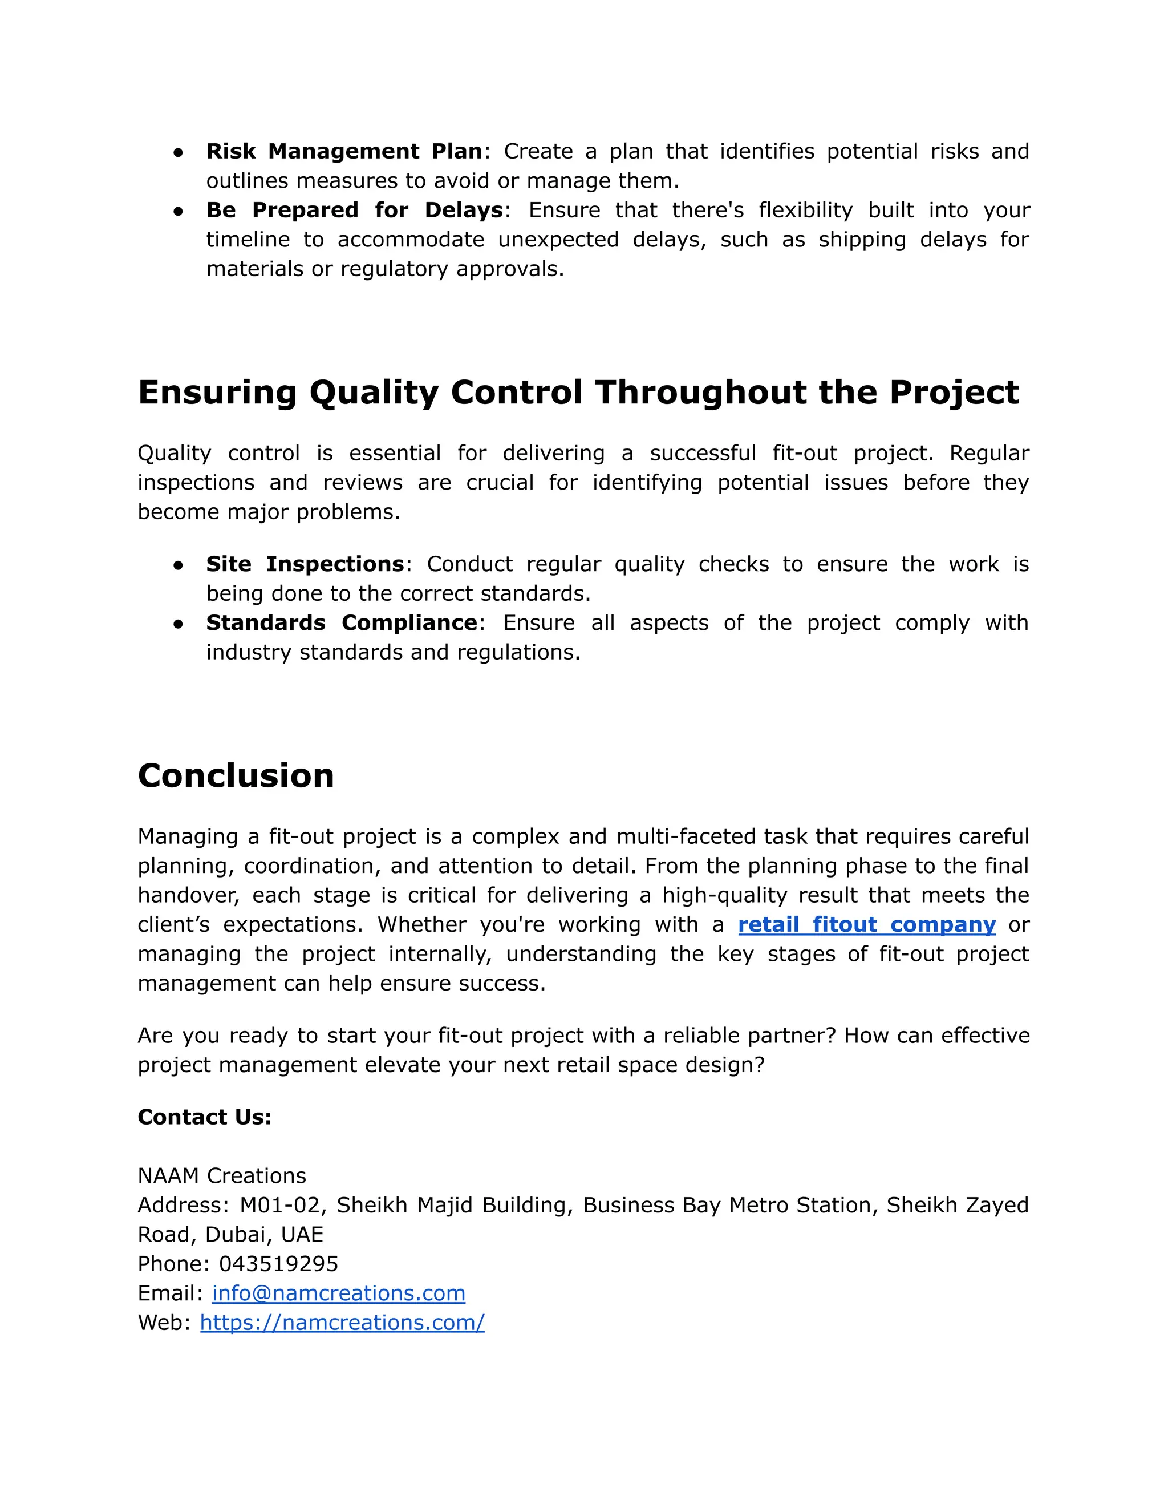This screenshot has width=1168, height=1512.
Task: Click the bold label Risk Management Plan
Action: (344, 151)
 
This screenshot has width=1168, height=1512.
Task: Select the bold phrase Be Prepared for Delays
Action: (354, 210)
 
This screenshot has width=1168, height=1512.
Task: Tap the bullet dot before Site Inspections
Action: (179, 565)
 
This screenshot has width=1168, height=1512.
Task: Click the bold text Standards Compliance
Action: (341, 622)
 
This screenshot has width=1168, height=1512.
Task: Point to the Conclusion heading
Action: (236, 775)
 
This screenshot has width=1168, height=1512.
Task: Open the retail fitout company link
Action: (866, 924)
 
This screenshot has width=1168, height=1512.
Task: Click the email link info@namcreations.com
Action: (338, 1293)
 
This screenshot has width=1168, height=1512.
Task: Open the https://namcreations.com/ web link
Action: (342, 1323)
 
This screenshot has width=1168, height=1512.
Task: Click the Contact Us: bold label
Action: (205, 1117)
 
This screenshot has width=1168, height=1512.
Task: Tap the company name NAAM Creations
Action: (221, 1175)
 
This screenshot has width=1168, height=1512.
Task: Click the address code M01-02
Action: (280, 1204)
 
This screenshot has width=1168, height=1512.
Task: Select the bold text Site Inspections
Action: (305, 564)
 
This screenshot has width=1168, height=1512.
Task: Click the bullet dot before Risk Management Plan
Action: (179, 152)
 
